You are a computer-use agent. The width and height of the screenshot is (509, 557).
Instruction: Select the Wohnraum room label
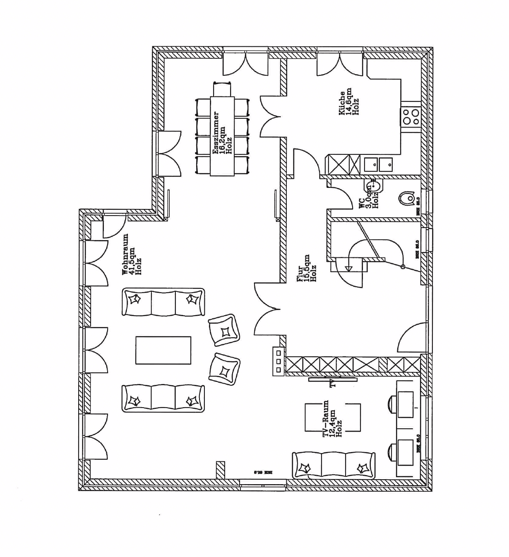132,254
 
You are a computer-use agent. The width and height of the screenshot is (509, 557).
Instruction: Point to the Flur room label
307,268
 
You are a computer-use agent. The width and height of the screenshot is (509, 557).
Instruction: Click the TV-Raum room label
332,418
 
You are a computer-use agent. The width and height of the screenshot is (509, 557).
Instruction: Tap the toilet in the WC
408,198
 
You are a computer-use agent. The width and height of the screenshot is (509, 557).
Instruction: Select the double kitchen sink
378,165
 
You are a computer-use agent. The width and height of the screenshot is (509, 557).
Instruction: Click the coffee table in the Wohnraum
163,351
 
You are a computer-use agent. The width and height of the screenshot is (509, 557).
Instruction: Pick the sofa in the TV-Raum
334,466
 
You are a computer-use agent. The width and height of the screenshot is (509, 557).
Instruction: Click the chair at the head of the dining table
222,89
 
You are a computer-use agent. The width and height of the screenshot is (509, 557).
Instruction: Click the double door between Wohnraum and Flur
268,309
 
